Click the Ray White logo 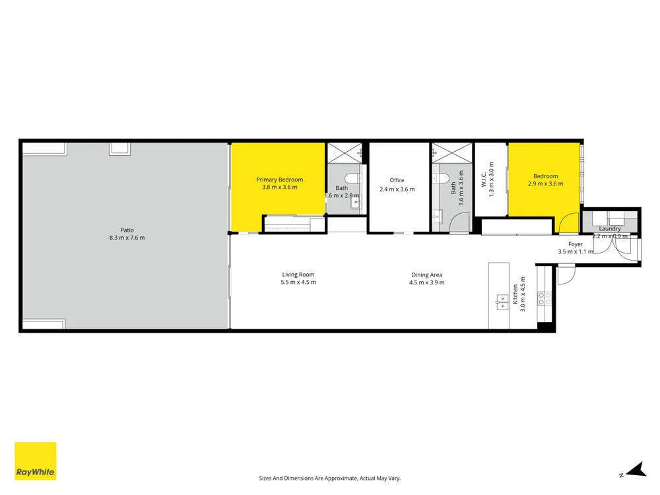click(x=36, y=461)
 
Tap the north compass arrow click(x=636, y=469)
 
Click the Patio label click(x=127, y=230)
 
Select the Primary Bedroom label click(x=279, y=180)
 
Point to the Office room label click(x=397, y=180)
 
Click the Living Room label click(x=298, y=275)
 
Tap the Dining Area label click(x=427, y=275)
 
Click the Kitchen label click(x=515, y=294)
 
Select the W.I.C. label click(x=484, y=180)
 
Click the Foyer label click(x=576, y=244)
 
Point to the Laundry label click(x=609, y=228)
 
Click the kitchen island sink click(x=502, y=302)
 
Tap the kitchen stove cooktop click(x=544, y=299)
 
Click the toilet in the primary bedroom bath click(x=352, y=178)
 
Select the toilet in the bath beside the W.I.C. click(x=441, y=178)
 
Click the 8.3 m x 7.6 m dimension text click(x=127, y=238)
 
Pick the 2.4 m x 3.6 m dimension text click(x=397, y=189)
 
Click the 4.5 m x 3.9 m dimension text click(x=427, y=282)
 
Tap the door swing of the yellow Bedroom click(x=569, y=223)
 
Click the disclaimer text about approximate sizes click(x=329, y=478)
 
